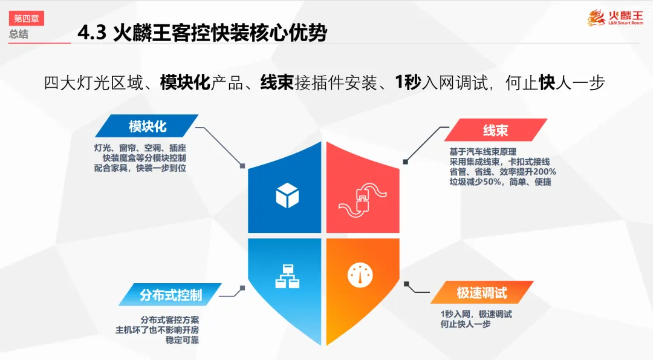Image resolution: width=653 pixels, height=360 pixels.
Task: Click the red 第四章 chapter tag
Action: coord(26,19)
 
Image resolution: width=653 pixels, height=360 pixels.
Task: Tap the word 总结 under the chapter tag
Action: coord(19,34)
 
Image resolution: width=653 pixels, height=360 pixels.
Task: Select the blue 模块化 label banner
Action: coord(147,126)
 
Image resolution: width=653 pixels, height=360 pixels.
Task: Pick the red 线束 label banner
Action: coord(495,130)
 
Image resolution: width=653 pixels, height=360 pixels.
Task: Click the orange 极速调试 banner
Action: coord(481,293)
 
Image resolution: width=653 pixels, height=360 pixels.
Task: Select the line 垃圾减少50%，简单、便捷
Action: coord(499,182)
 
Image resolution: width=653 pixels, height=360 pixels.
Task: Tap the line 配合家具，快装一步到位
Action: coord(135,167)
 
